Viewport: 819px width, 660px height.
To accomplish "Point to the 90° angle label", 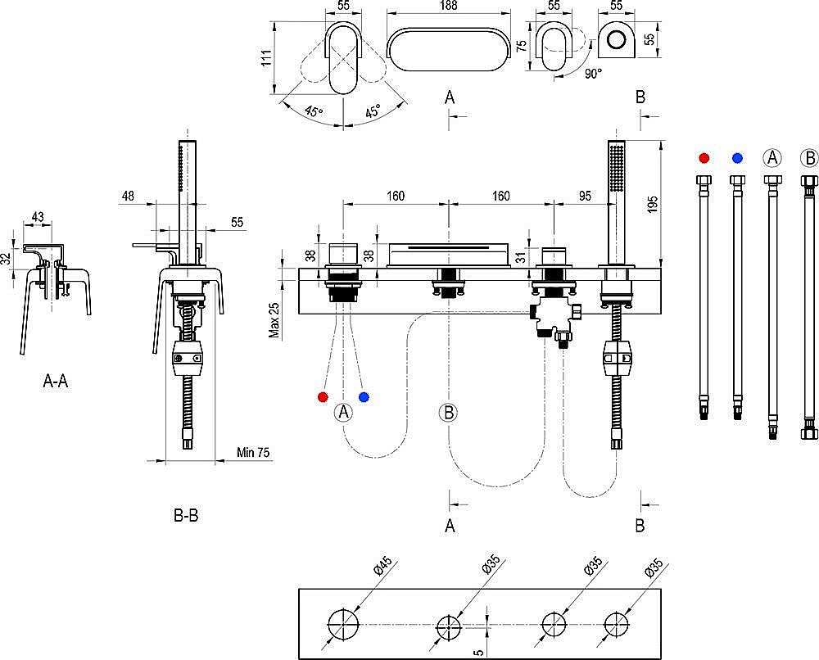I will click(x=593, y=73).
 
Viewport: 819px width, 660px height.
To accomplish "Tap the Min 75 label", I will click(x=253, y=452).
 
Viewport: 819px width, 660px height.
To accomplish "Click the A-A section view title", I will click(x=55, y=381).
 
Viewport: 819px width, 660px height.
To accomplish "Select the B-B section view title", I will click(x=185, y=516).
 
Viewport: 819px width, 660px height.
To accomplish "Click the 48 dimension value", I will click(x=127, y=196).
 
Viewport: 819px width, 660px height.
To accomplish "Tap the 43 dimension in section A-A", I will click(x=38, y=216).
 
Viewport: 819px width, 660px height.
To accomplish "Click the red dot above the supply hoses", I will click(x=704, y=157).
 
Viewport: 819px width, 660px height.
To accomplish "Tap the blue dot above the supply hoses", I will click(x=738, y=157).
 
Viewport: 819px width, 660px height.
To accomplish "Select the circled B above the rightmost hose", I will click(x=808, y=157).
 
